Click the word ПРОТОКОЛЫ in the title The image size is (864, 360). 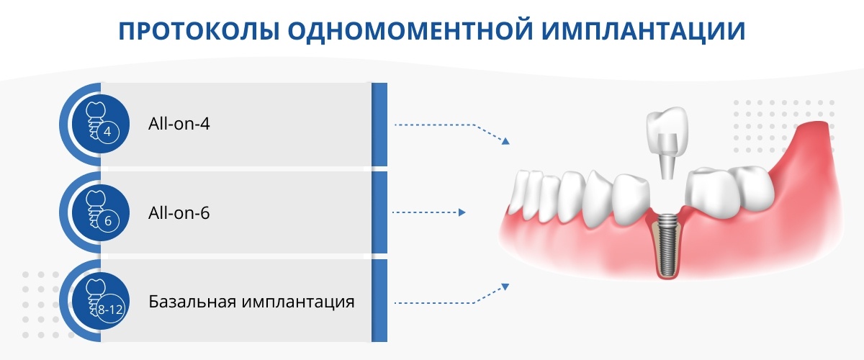[199, 31]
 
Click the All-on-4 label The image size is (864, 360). [179, 124]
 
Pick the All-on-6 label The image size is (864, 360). [179, 213]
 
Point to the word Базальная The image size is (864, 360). [192, 302]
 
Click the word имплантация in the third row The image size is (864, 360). [298, 302]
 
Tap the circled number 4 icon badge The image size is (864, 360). [107, 132]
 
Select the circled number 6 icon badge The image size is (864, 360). [107, 221]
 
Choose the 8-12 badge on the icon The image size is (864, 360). [110, 310]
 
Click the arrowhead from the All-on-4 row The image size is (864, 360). [505, 141]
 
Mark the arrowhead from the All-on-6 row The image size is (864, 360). [462, 212]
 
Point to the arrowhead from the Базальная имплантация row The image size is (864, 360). [505, 287]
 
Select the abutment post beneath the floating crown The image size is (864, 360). [667, 158]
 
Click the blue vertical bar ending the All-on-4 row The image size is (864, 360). [379, 125]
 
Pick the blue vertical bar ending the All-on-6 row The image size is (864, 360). [379, 212]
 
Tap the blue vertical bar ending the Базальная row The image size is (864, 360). [379, 300]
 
